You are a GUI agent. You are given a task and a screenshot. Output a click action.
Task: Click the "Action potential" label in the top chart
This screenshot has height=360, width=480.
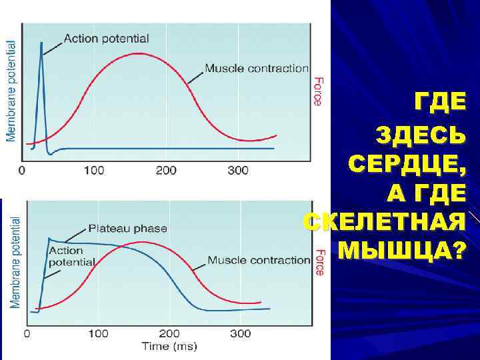click(107, 39)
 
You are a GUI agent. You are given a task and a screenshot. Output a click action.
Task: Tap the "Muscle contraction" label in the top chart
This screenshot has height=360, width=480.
click(257, 68)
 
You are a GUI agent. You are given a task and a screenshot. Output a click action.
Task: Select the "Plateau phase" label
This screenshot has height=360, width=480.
click(127, 229)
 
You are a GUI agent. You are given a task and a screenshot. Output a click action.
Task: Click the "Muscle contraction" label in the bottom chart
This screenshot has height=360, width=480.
click(259, 260)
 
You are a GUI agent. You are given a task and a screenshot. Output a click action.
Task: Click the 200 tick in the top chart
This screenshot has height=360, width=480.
click(166, 171)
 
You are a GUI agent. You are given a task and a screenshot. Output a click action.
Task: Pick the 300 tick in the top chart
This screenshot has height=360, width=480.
click(237, 171)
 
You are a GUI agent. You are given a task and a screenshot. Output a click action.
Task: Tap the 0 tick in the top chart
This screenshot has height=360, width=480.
click(23, 171)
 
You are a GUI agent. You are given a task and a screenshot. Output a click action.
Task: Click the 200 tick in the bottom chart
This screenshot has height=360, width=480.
click(169, 333)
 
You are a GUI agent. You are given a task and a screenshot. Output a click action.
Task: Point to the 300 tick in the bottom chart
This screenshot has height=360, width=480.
click(241, 333)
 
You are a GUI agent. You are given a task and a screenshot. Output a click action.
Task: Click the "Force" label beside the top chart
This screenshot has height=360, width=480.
click(318, 89)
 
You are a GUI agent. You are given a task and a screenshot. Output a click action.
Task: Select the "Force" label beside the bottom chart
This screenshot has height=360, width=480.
click(319, 263)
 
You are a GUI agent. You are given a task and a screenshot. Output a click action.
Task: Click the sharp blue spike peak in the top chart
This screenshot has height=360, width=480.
click(41, 43)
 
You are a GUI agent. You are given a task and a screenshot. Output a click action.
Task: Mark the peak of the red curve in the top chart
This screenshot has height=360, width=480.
click(138, 53)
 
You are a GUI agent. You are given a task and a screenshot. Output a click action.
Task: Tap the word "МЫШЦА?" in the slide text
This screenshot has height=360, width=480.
click(402, 251)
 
